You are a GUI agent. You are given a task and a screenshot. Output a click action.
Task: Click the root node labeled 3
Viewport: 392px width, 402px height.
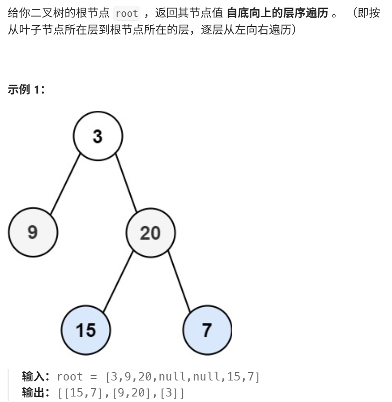coord(98,136)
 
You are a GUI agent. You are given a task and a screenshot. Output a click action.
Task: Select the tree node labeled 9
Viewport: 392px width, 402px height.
coord(33,232)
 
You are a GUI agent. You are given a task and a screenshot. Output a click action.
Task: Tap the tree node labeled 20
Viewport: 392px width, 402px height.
coord(150,232)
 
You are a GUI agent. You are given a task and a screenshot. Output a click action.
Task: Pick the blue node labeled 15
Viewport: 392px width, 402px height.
coord(86,330)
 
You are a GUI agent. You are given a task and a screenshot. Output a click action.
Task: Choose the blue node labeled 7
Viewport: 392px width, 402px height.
coord(207,330)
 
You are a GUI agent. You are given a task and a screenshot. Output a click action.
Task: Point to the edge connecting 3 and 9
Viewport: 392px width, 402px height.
coord(65,185)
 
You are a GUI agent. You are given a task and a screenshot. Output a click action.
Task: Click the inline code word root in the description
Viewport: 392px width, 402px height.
coord(126,13)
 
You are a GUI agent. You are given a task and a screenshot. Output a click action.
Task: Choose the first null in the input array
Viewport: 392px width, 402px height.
coord(172,376)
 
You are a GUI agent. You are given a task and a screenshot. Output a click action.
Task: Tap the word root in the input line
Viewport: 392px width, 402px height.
coord(70,376)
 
